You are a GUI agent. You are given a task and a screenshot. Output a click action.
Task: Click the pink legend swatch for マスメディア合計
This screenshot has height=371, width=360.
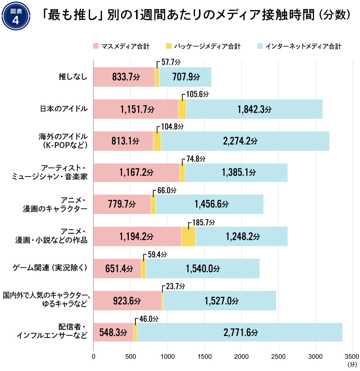point(96,46)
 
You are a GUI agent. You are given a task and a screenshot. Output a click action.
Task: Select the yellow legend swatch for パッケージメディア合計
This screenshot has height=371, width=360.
point(168,46)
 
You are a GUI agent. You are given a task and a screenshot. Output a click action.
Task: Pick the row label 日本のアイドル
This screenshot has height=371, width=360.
point(64,108)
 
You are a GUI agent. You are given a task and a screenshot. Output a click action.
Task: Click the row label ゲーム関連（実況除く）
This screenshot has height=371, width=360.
point(50,268)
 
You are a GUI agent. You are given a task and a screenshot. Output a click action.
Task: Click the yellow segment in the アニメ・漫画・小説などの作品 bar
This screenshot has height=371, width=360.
point(188,237)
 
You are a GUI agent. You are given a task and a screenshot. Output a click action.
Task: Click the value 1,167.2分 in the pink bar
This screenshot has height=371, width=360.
point(136,173)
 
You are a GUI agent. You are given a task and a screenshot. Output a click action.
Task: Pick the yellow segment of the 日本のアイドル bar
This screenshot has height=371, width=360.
point(182,109)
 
